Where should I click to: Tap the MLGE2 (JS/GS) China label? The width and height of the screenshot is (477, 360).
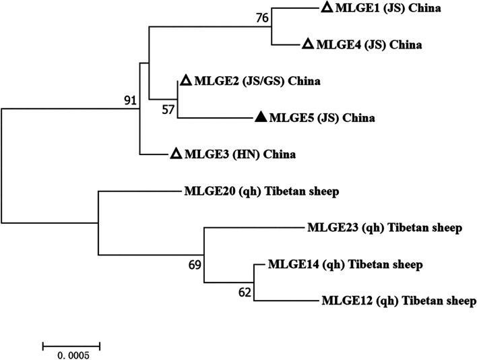click(x=257, y=82)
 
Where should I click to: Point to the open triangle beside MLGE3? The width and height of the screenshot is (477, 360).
click(x=175, y=154)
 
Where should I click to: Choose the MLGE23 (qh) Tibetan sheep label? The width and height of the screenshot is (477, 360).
click(x=384, y=228)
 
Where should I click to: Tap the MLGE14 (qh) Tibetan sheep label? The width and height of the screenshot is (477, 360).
click(x=345, y=264)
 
